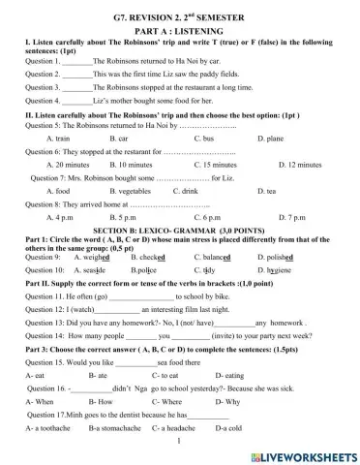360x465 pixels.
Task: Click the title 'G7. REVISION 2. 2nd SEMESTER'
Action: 179,18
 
